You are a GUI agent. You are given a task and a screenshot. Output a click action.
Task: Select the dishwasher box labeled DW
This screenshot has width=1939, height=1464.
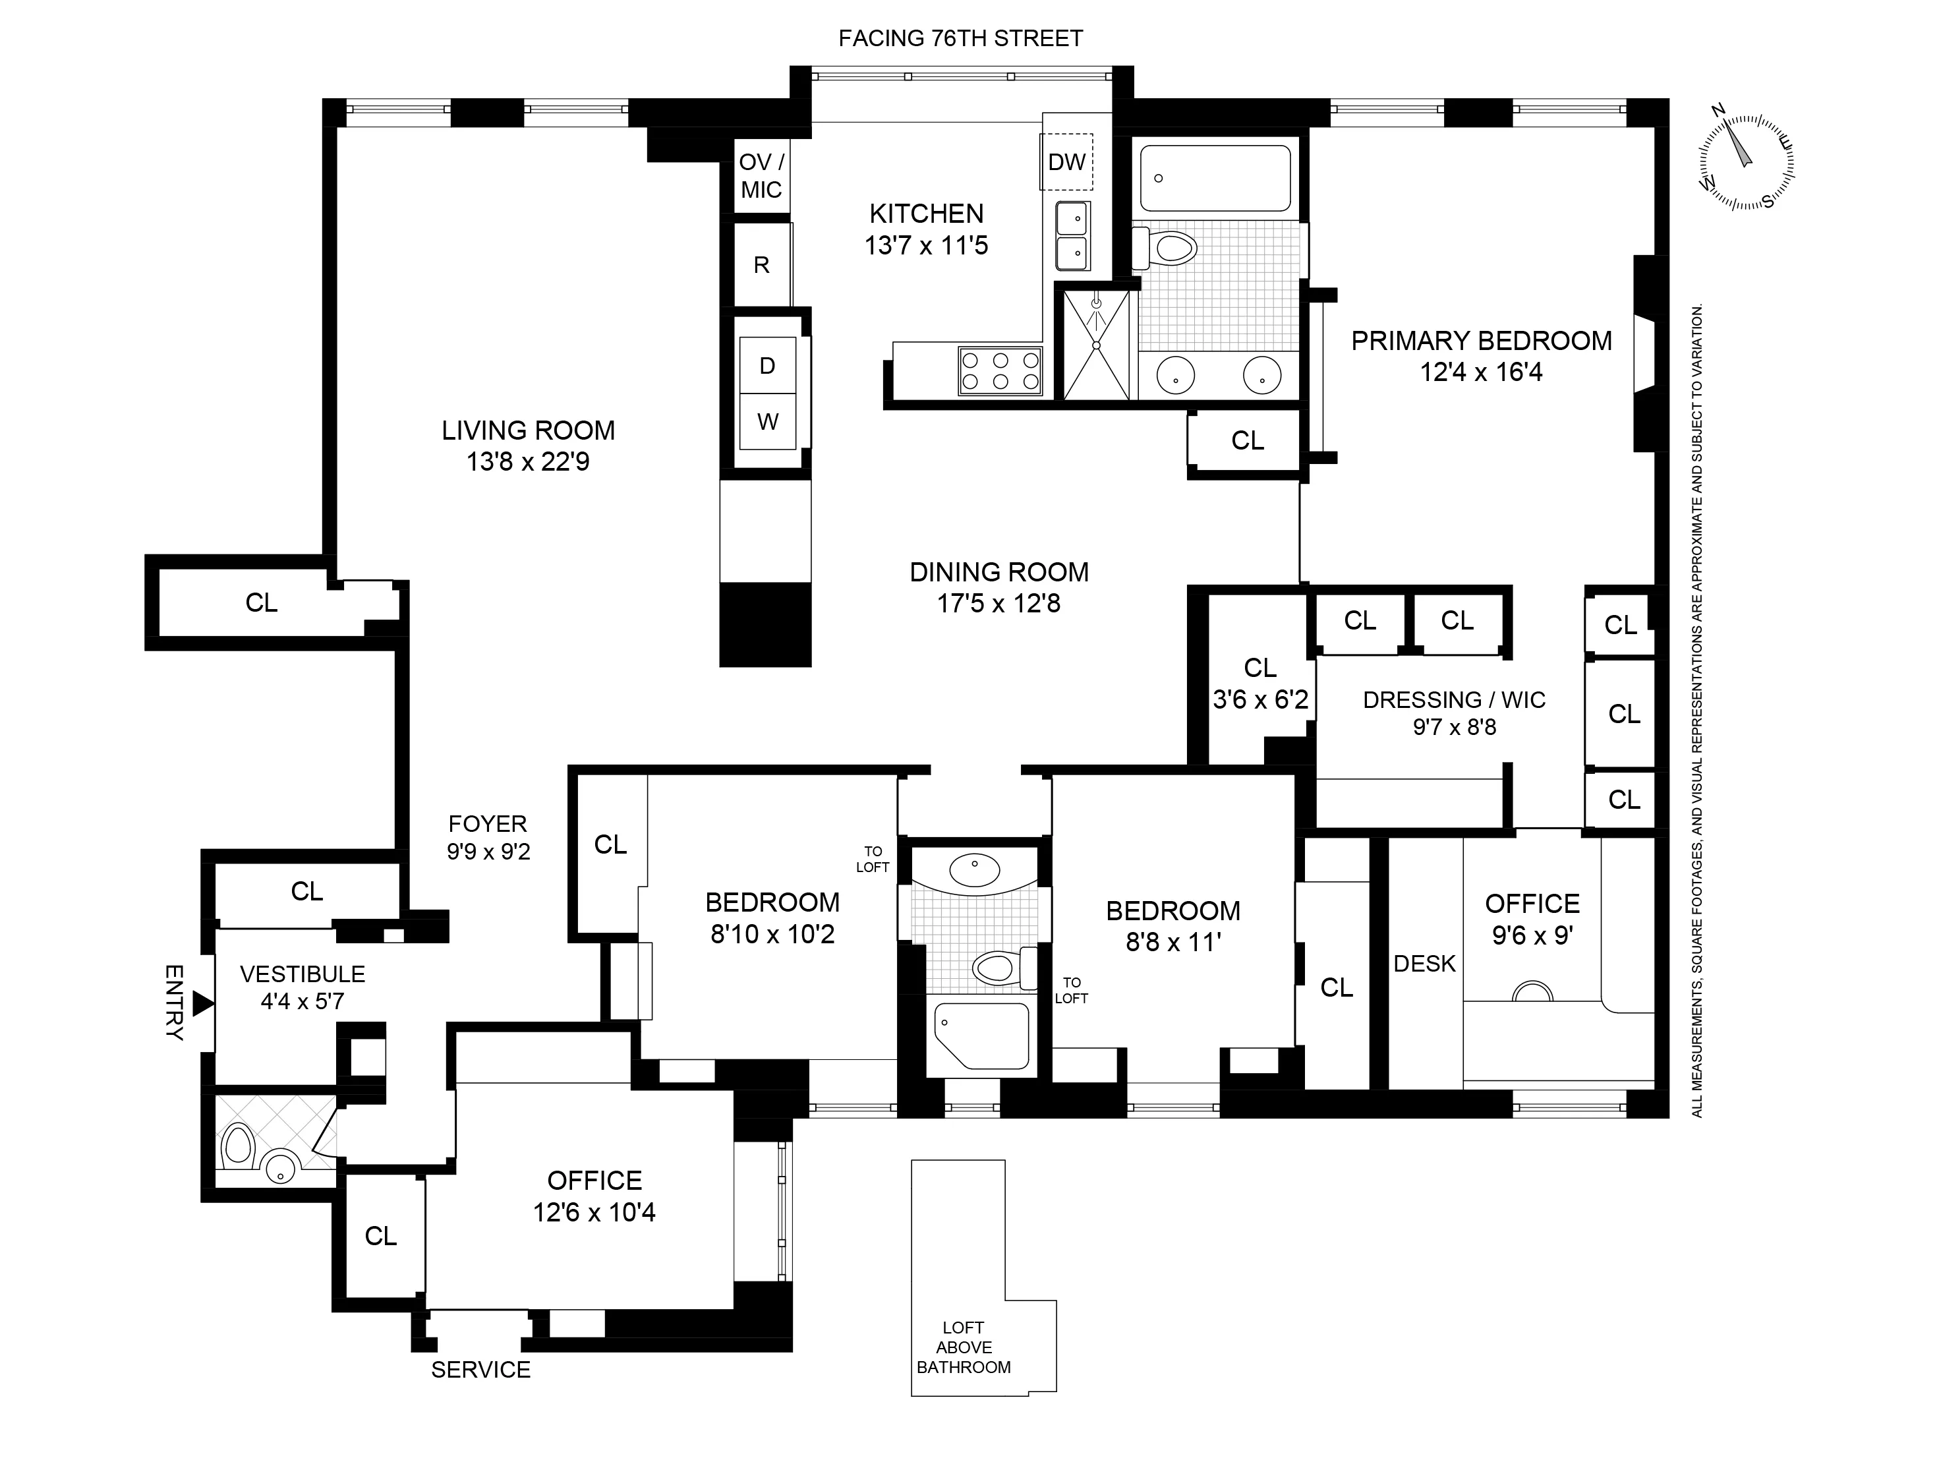(x=1067, y=162)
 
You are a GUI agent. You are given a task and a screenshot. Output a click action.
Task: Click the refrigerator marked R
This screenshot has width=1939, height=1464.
(x=762, y=265)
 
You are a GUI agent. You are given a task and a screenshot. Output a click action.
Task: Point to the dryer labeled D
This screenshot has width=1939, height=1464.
(x=767, y=366)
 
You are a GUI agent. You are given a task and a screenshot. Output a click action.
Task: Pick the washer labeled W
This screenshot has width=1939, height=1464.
(x=767, y=422)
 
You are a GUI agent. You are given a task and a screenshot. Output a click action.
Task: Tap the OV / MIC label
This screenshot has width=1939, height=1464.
(x=761, y=176)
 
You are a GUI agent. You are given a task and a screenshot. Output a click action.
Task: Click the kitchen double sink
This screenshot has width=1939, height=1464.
(x=1072, y=236)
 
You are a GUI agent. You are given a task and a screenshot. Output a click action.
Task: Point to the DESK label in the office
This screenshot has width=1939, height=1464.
(x=1424, y=964)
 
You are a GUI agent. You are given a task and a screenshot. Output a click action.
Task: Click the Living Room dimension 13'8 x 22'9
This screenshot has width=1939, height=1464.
(x=528, y=462)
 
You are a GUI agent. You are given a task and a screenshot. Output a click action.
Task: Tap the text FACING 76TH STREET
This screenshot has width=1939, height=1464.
(x=961, y=39)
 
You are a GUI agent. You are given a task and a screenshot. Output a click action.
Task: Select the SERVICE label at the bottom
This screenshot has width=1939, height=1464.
(x=480, y=1369)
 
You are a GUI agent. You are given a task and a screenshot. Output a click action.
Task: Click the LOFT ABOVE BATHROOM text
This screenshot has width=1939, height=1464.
(x=964, y=1347)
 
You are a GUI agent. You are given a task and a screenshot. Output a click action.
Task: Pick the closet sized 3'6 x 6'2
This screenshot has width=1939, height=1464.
(x=1259, y=684)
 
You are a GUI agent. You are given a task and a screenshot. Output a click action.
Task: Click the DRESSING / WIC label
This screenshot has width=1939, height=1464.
(x=1453, y=699)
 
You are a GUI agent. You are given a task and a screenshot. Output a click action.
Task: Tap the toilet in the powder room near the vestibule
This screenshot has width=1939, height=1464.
(x=237, y=1146)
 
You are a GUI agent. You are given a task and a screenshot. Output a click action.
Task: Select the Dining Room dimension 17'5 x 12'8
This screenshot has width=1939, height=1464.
(x=998, y=603)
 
